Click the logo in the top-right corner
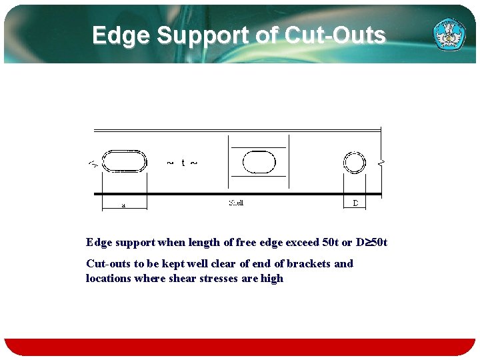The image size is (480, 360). (449, 33)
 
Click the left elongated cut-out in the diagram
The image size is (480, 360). (125, 161)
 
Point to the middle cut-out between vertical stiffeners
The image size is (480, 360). (259, 161)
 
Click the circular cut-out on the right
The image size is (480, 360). (355, 162)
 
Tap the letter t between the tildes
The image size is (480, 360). (183, 163)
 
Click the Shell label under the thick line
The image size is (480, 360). (236, 203)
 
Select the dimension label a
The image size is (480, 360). (123, 205)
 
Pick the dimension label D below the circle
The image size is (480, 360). (355, 203)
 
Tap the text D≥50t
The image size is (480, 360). (371, 242)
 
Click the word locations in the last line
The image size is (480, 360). (109, 278)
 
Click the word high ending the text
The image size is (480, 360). (272, 278)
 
